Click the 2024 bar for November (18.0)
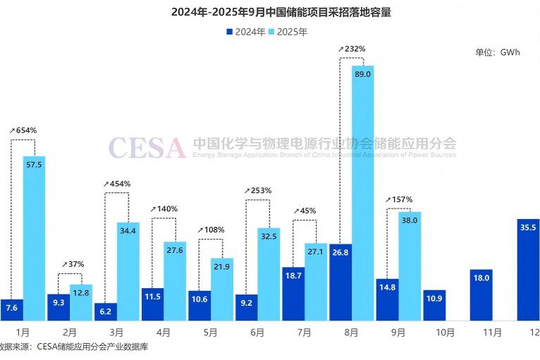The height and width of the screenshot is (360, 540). pyautogui.click(x=481, y=294)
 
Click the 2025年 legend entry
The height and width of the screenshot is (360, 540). pyautogui.click(x=287, y=32)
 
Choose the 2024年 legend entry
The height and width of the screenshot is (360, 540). pyautogui.click(x=245, y=32)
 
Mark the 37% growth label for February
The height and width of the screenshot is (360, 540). pyautogui.click(x=73, y=264)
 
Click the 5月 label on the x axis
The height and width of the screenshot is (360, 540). pyautogui.click(x=210, y=332)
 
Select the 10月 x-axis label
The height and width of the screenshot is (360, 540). pyautogui.click(x=444, y=332)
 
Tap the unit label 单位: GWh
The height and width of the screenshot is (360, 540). pyautogui.click(x=497, y=52)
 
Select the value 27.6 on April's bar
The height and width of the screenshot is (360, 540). pyautogui.click(x=175, y=251)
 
